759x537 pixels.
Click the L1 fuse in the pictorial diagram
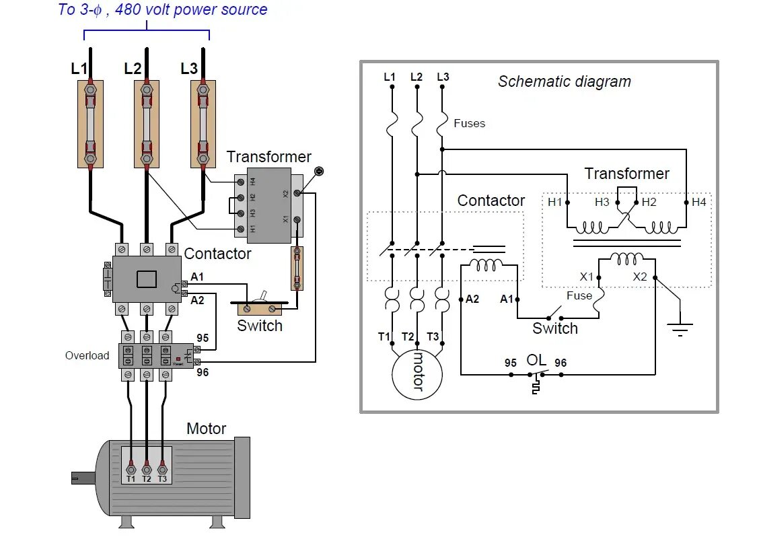90,124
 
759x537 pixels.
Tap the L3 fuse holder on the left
203,124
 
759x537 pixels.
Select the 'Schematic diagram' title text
565,82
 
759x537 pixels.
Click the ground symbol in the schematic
680,329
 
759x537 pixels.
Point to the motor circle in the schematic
417,373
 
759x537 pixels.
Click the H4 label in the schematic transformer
699,201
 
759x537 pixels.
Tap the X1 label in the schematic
587,277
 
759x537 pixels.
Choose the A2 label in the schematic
472,299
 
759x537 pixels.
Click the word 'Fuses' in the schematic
469,124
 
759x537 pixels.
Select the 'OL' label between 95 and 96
536,361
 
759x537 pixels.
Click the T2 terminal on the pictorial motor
147,469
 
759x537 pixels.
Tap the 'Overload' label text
87,355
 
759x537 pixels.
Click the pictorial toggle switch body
259,308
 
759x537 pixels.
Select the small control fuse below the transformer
297,268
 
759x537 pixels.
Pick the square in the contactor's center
147,279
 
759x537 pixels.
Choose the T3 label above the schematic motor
432,336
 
